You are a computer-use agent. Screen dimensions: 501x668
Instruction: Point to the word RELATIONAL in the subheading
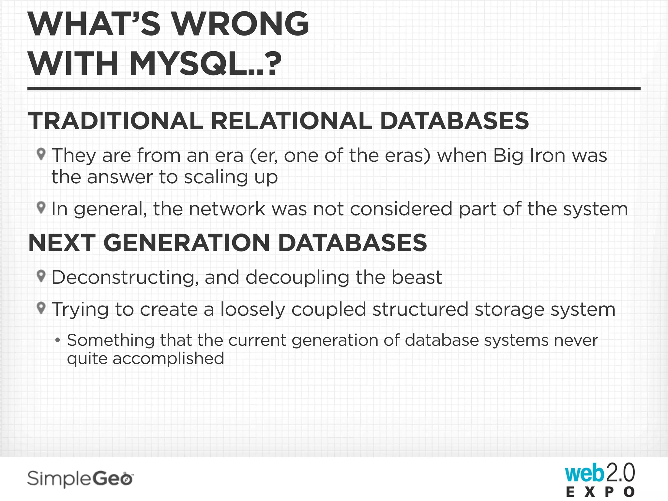[x=292, y=121]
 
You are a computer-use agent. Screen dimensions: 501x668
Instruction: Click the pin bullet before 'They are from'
[x=41, y=154]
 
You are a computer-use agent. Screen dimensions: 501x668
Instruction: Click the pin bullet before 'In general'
[x=41, y=207]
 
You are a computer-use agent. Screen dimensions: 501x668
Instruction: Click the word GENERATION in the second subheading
[x=186, y=243]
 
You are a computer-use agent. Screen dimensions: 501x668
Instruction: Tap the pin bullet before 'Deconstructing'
[x=41, y=276]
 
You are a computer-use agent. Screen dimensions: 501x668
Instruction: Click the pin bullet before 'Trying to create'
[x=41, y=308]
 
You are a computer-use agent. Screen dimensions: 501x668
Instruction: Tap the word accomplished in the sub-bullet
[x=168, y=359]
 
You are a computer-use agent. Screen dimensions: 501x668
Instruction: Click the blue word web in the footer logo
[x=584, y=474]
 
